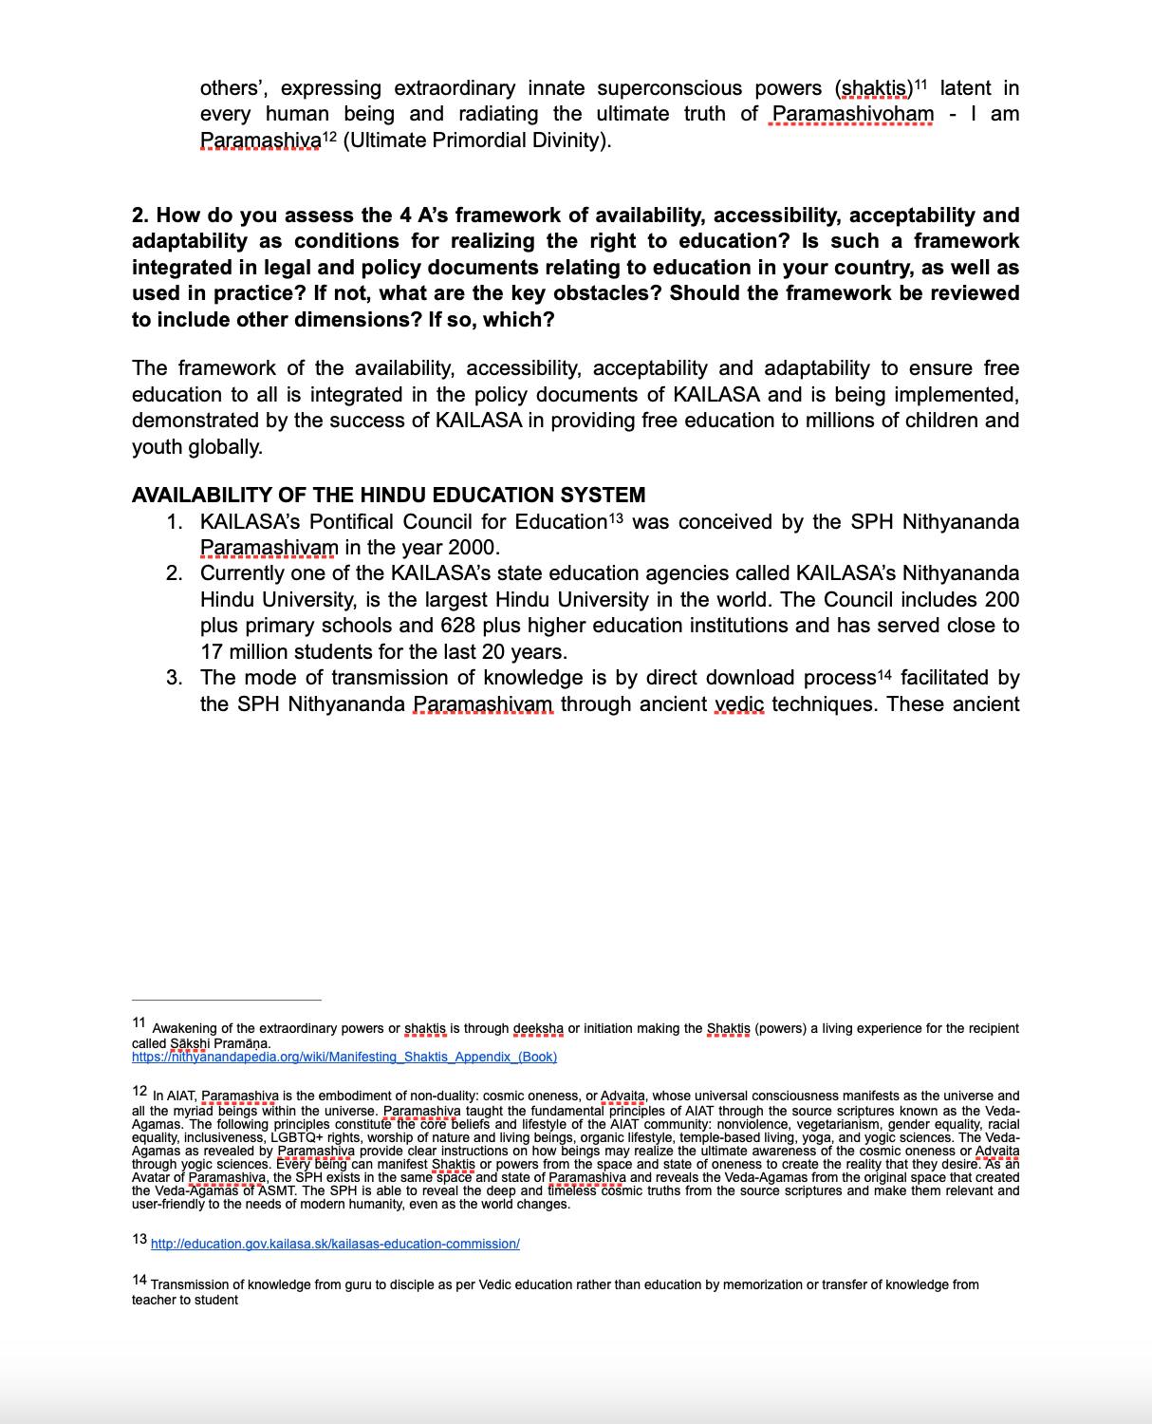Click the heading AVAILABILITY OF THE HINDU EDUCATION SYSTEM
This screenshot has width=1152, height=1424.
[388, 496]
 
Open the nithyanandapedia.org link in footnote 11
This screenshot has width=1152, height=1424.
[344, 1057]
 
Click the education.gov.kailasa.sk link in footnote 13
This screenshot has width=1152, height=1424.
[335, 1244]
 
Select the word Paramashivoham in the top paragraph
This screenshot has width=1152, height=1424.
[852, 115]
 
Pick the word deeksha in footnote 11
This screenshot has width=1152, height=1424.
[538, 1028]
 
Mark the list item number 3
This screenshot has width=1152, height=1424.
[175, 678]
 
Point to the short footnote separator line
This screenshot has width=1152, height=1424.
[226, 1000]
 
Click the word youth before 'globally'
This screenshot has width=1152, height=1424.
[157, 446]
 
